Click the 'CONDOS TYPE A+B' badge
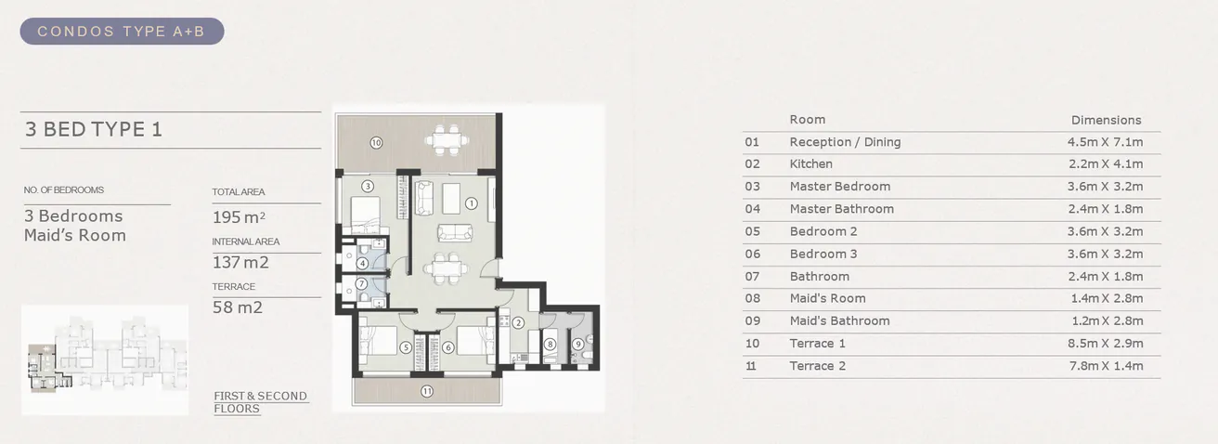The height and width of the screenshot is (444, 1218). [122, 32]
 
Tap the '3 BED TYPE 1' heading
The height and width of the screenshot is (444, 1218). [94, 129]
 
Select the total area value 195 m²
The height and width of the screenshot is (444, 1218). [239, 217]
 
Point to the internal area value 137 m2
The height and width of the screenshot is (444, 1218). [240, 263]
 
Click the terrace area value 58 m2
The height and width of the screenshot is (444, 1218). [238, 307]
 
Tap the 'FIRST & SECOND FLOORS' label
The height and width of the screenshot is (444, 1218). [260, 402]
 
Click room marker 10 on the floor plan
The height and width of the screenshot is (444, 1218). [376, 143]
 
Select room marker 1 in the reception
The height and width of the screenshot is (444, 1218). [471, 202]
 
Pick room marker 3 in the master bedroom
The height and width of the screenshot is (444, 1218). [368, 186]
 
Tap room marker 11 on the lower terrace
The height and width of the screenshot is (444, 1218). [426, 391]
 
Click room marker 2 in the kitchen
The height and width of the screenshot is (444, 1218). [518, 322]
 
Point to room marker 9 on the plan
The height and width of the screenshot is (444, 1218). [577, 344]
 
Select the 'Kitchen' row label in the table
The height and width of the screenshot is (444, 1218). [810, 164]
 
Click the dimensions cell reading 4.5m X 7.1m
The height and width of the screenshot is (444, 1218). [1105, 142]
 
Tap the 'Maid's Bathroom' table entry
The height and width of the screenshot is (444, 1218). [839, 320]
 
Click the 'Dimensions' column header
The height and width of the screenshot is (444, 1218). [1106, 120]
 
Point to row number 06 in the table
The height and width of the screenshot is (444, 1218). [752, 254]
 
